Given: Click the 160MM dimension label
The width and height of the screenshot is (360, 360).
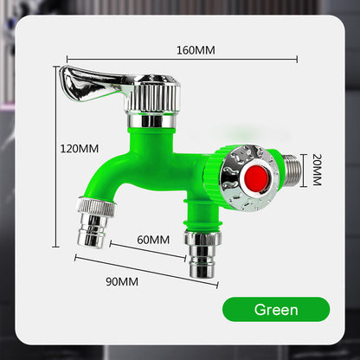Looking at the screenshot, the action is click(x=196, y=50).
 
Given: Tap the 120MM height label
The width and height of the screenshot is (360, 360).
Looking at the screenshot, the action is click(x=80, y=149).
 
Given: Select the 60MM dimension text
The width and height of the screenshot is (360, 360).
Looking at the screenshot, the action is click(x=153, y=240).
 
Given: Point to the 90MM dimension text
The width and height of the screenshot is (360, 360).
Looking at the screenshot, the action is click(x=122, y=281).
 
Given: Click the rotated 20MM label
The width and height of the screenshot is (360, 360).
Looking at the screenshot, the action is click(x=317, y=170).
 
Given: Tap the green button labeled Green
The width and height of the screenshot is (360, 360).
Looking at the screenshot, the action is click(x=276, y=310).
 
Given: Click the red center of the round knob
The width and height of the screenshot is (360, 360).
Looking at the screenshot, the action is click(x=256, y=179).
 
